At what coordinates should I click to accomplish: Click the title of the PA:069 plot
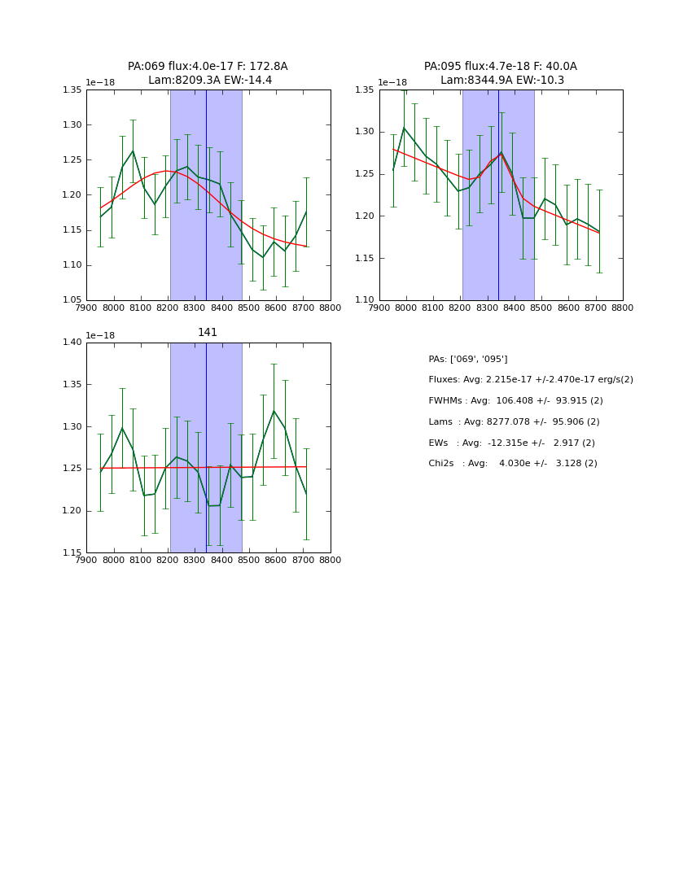pos(208,73)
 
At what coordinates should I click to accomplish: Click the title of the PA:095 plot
pos(501,73)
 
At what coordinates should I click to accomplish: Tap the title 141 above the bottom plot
pos(208,332)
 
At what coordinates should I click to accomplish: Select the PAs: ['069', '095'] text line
pos(468,359)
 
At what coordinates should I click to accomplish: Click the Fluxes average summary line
pos(531,380)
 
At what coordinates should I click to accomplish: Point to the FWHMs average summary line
pos(515,401)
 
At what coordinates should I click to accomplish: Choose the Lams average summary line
pos(514,422)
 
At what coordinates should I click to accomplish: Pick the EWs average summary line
pos(511,443)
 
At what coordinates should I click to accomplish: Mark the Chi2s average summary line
pos(513,464)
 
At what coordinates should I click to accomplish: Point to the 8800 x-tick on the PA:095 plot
pos(623,308)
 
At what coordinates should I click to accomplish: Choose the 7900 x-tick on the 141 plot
pos(86,561)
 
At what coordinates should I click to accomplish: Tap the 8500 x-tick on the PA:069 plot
pos(249,308)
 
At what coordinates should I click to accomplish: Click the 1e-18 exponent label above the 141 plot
pos(100,335)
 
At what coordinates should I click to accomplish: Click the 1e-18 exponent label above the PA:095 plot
pos(392,82)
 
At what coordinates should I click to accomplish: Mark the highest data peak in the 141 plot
pos(274,411)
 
